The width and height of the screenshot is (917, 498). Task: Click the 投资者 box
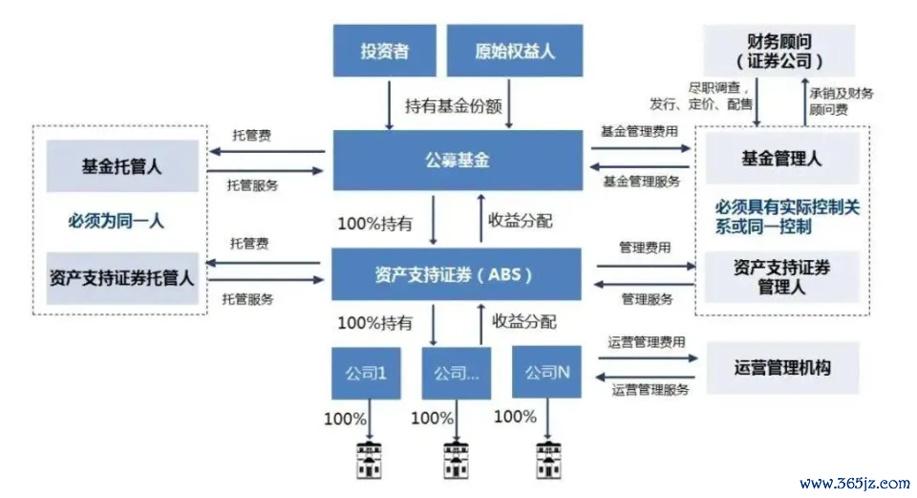[384, 51]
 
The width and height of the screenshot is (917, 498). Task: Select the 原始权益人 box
[515, 51]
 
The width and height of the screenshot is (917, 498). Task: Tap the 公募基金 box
[458, 160]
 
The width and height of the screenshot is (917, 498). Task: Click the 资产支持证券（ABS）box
[457, 274]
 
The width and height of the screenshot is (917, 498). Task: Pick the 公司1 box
[366, 373]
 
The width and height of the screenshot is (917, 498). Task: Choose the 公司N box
[546, 372]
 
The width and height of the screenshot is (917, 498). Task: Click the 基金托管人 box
[122, 166]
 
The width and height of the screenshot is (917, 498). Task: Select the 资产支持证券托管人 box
[122, 278]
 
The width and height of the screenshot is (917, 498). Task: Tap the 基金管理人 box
[782, 159]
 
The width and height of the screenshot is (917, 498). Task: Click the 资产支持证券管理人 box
[782, 277]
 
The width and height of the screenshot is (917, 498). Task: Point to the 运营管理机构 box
[782, 367]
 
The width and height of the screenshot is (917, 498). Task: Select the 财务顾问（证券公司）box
[779, 51]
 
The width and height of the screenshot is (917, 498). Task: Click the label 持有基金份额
[453, 106]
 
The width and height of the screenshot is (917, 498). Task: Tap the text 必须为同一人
[116, 221]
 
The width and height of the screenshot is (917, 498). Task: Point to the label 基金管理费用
[640, 131]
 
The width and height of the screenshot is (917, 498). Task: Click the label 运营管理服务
[650, 390]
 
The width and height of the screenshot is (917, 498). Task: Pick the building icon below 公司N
[548, 461]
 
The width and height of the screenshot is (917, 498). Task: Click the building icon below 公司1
[369, 461]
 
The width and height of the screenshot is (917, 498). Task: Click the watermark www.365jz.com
[854, 483]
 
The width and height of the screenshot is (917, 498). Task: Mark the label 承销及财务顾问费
[841, 101]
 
